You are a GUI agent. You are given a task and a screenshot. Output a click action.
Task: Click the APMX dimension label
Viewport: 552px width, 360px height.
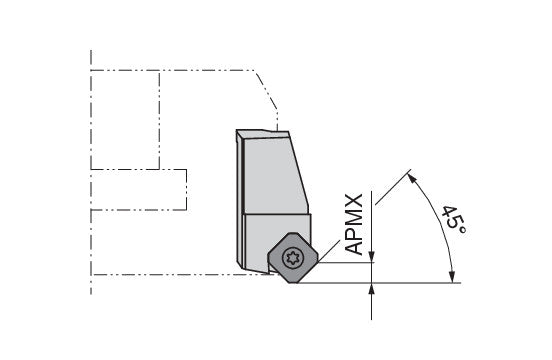(354, 224)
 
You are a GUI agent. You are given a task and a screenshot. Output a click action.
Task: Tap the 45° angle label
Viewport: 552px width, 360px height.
(454, 222)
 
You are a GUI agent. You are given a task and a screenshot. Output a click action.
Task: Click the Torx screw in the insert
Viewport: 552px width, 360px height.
(293, 258)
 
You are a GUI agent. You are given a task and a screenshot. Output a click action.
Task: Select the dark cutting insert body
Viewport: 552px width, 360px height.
(293, 258)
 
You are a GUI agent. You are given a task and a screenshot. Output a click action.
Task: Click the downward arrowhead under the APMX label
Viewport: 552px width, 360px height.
(372, 257)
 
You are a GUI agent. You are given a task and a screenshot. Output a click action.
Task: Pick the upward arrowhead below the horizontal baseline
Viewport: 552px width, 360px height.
(372, 289)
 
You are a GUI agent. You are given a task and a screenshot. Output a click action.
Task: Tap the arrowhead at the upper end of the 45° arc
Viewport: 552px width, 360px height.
(412, 178)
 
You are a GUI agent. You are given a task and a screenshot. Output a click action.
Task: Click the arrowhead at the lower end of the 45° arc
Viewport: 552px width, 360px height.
(453, 276)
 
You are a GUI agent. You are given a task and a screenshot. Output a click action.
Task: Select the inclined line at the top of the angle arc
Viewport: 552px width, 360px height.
(393, 187)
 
